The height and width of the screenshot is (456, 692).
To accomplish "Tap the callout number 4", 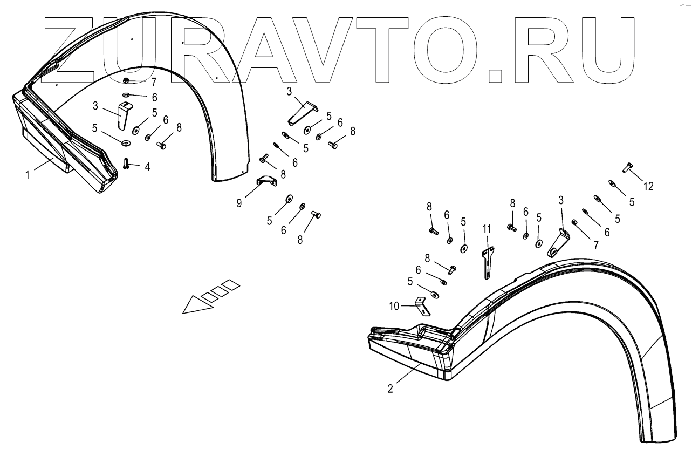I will [x=147, y=167].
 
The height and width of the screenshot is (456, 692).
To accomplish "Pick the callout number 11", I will [x=487, y=229].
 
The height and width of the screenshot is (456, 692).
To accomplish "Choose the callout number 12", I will [x=648, y=186].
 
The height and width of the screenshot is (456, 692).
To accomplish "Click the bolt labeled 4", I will [x=126, y=163].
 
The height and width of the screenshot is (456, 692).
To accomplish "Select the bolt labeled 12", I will [x=628, y=167].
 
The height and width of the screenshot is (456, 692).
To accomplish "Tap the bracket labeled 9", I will [x=267, y=181].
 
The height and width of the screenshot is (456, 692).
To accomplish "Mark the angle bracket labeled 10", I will [x=421, y=306].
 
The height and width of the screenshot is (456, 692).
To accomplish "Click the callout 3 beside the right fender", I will [x=561, y=200].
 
